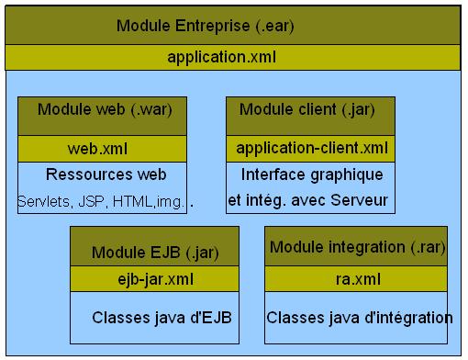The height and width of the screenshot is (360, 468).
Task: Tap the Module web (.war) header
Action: coord(105,110)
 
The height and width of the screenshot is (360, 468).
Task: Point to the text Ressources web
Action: coord(105,174)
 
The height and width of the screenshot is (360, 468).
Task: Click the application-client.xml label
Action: coord(310,148)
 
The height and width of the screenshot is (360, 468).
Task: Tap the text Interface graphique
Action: coord(311,174)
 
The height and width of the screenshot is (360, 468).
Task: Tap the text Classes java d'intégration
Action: coord(360,318)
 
